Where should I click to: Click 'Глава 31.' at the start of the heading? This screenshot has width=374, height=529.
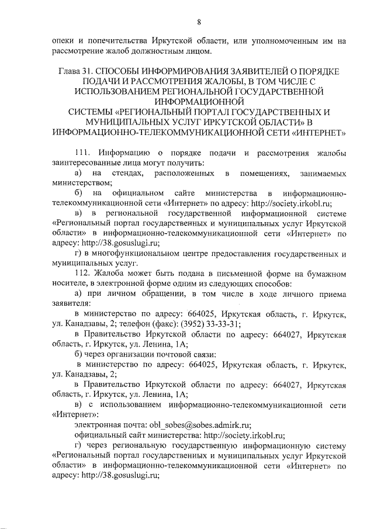pos(78,71)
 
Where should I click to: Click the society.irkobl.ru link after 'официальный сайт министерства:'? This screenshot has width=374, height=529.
pos(243,435)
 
